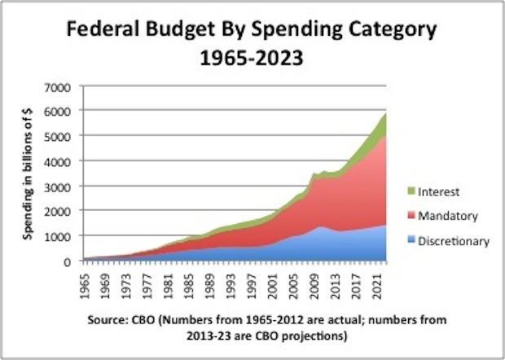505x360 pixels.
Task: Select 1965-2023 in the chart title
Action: click(x=252, y=60)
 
